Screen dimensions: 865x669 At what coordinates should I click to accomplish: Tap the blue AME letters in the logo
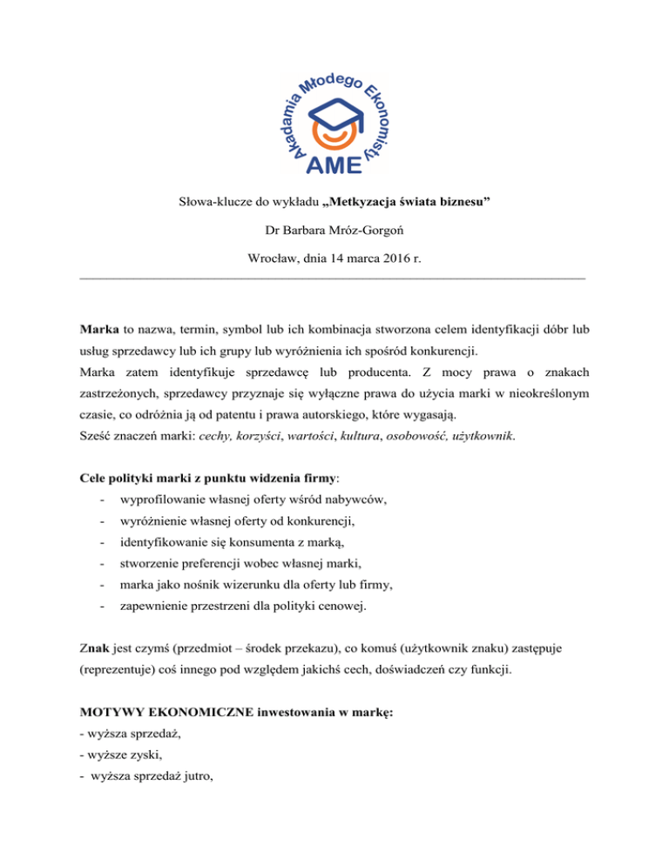pyautogui.click(x=335, y=164)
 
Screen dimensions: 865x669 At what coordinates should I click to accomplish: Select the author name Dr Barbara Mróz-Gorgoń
pyautogui.click(x=334, y=232)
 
